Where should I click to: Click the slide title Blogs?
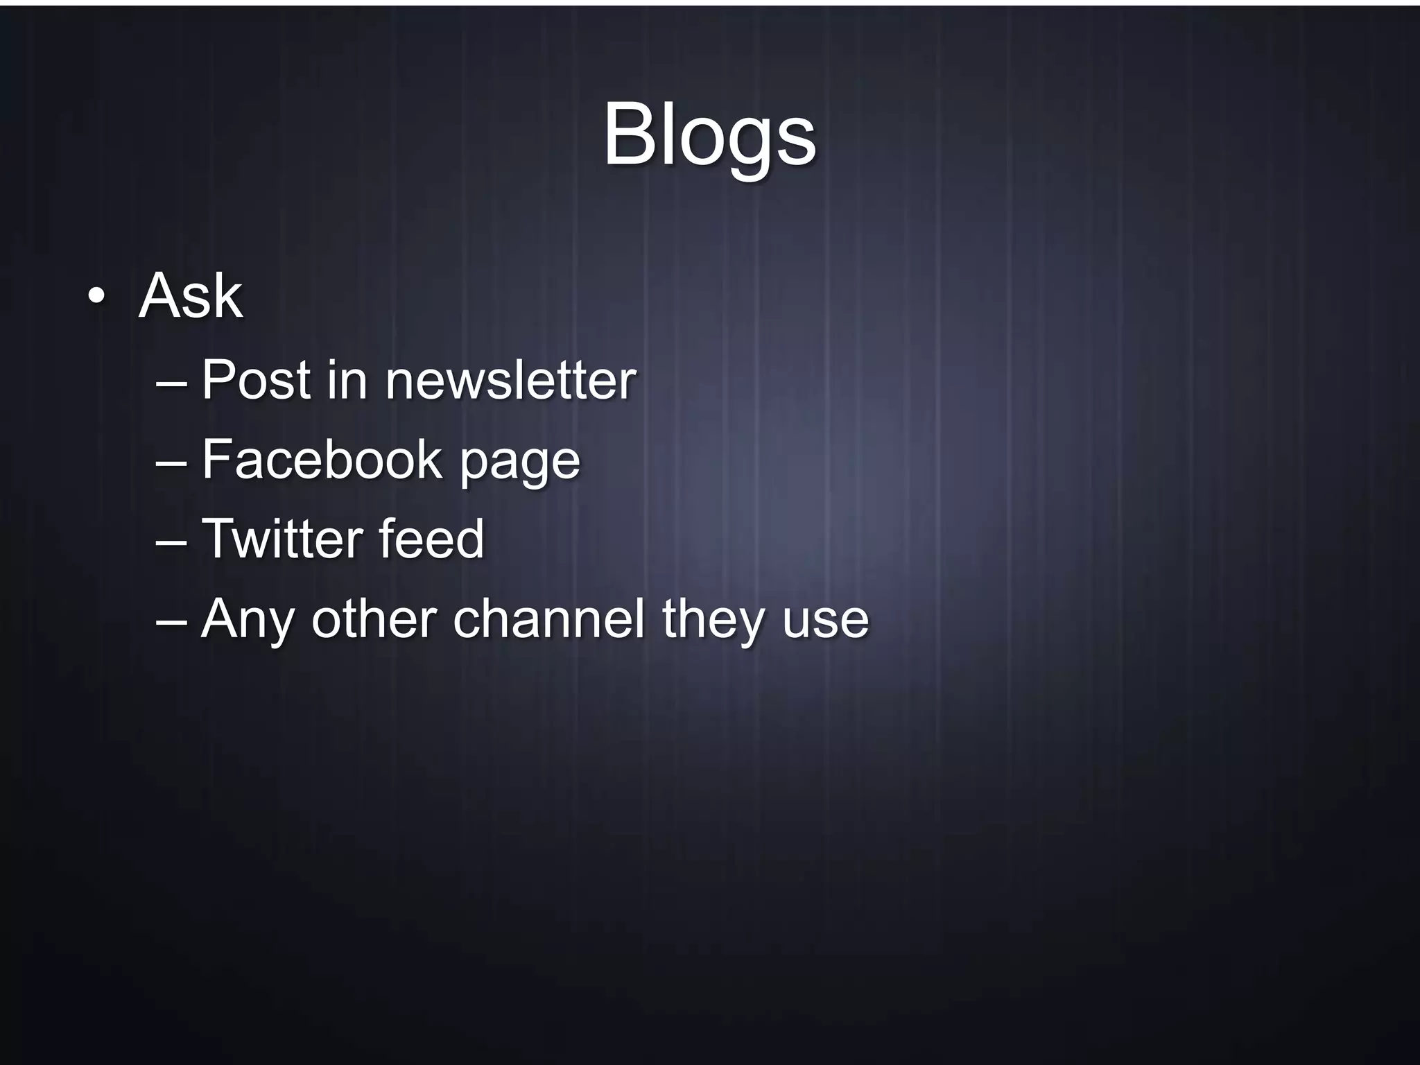pos(709,136)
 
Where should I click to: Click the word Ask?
pos(191,297)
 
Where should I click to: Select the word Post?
pos(256,380)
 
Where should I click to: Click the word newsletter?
pos(510,380)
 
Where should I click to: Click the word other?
pos(374,618)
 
